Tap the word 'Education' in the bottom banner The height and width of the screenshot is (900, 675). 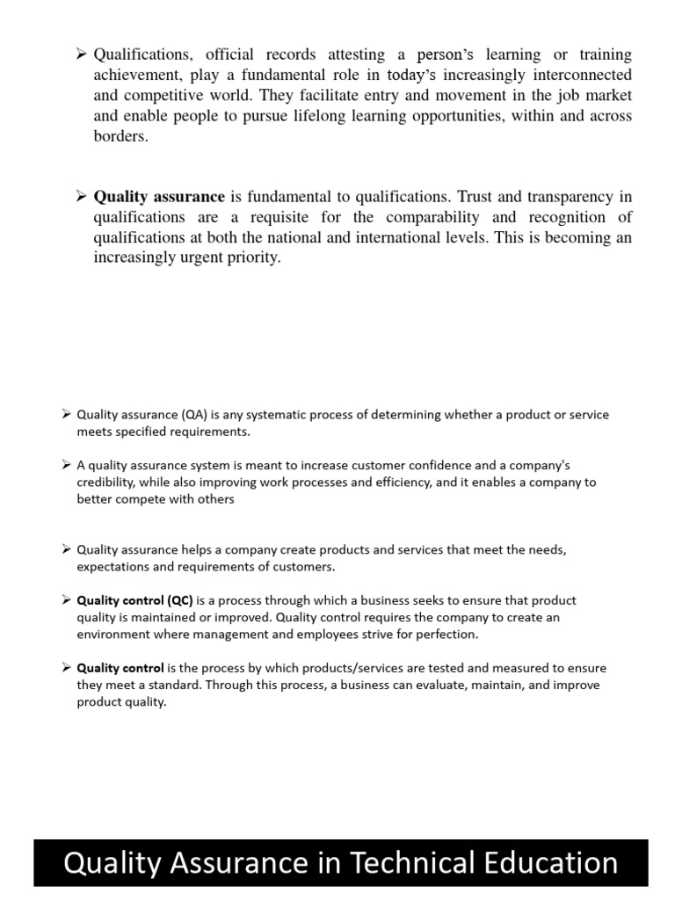548,862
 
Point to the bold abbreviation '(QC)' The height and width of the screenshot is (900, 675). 175,600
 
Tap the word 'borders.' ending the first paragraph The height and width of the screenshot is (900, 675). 121,137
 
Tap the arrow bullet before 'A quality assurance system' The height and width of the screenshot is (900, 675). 67,465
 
